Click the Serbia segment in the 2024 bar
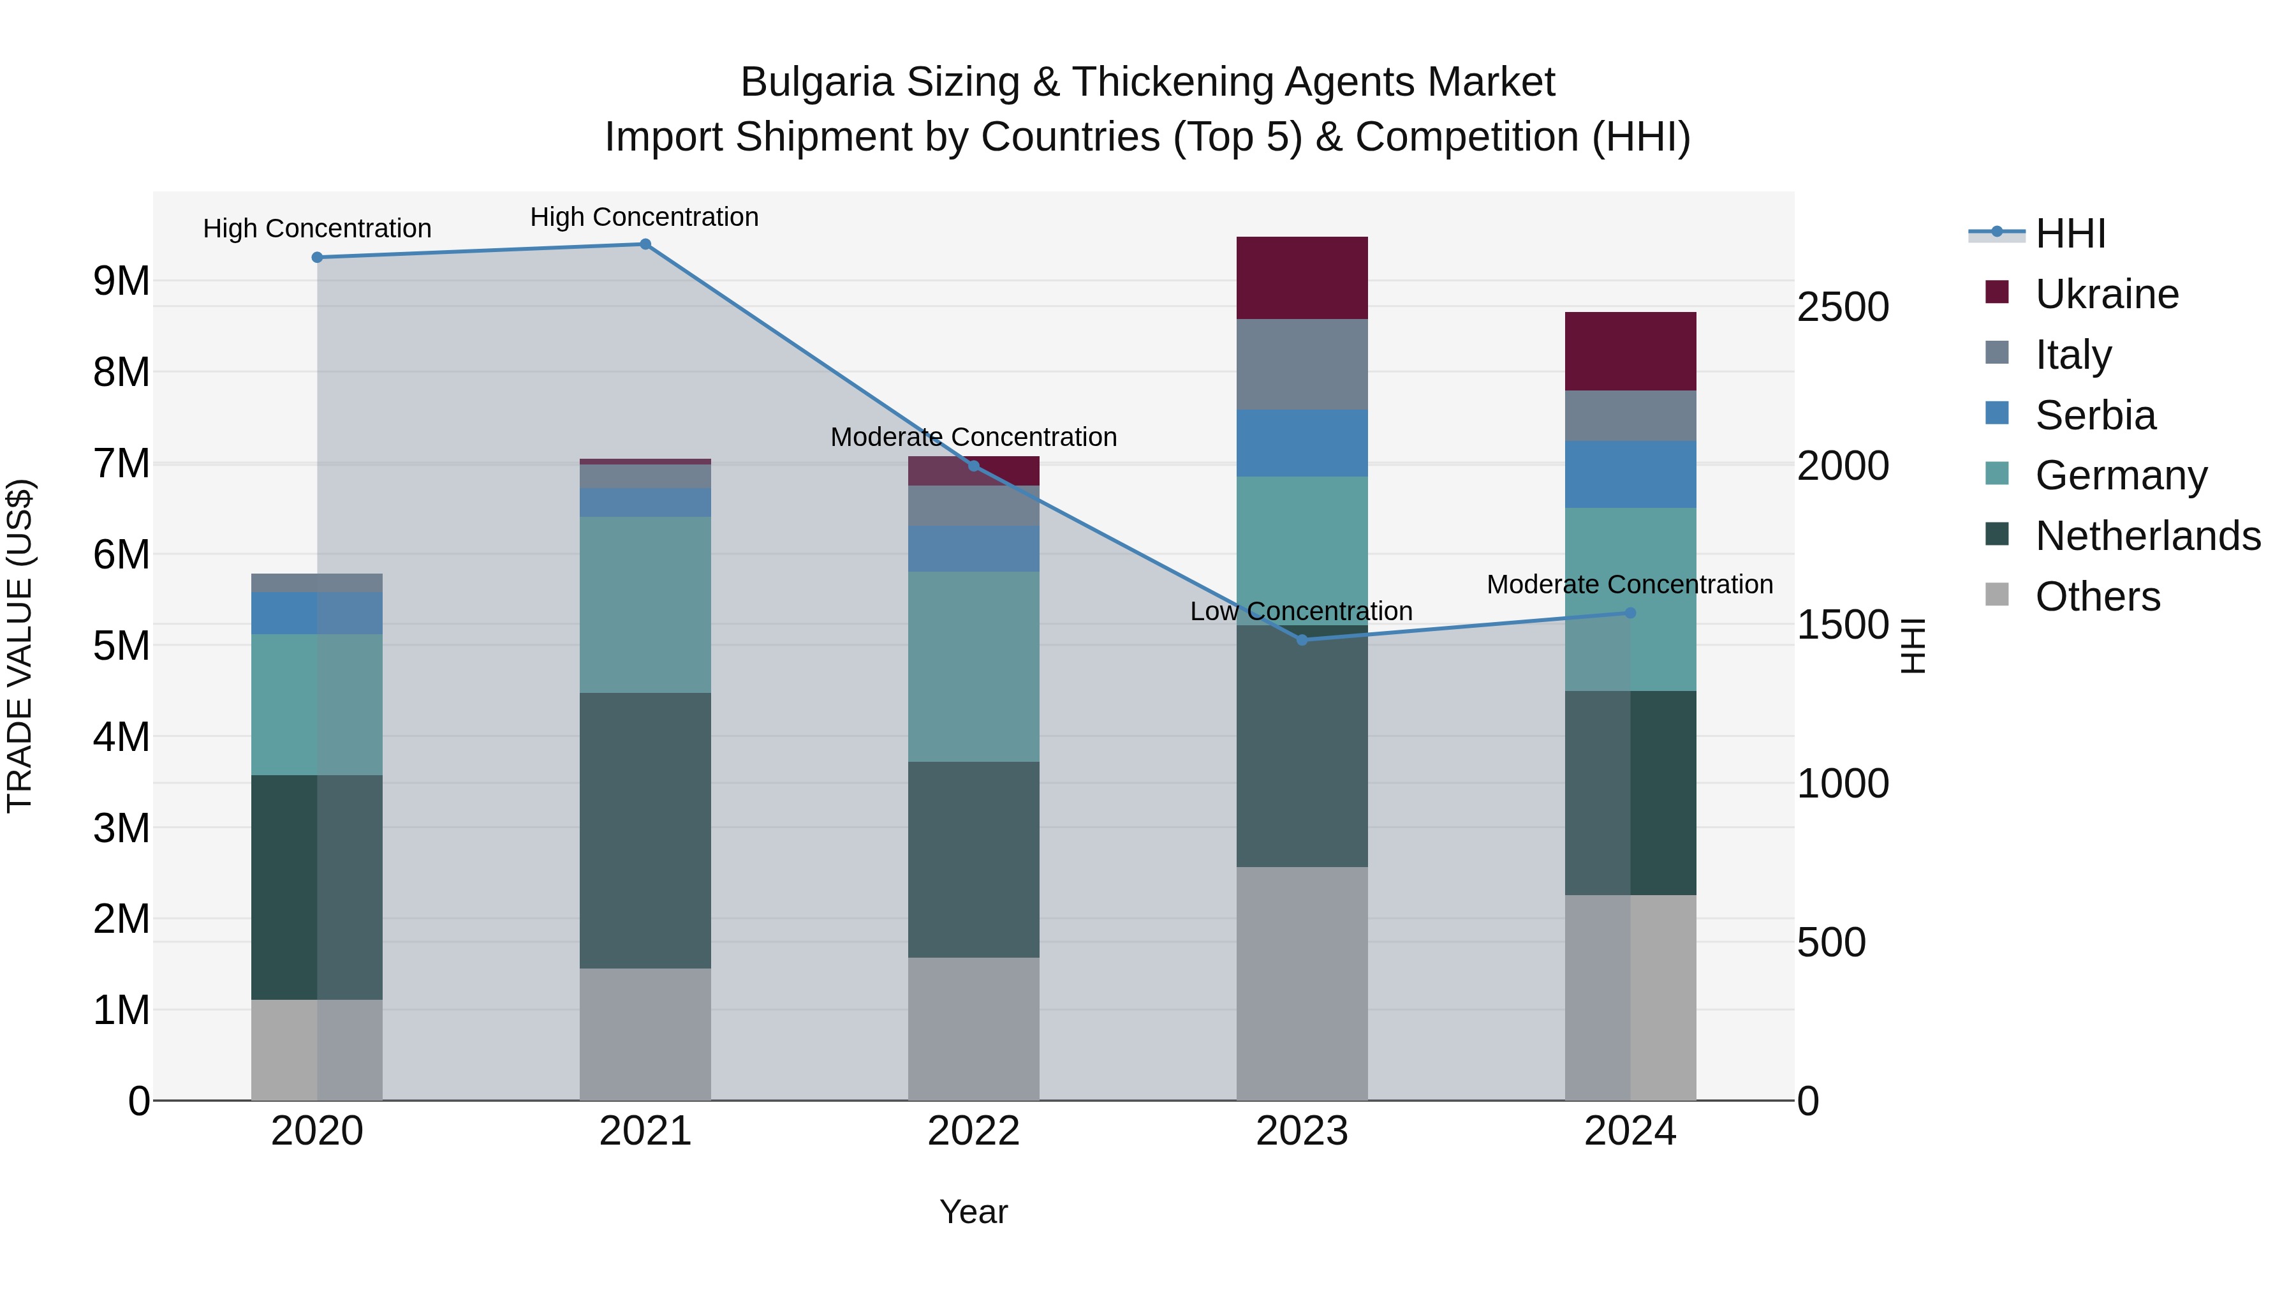point(1630,474)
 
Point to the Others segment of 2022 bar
point(973,1029)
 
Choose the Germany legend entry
point(2121,475)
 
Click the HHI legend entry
point(2070,234)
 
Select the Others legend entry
point(2097,597)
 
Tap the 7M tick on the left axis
point(121,464)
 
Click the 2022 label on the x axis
point(973,1131)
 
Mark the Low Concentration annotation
point(1301,612)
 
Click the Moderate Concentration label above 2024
point(1630,585)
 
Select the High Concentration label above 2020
point(318,229)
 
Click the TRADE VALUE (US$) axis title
point(20,646)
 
